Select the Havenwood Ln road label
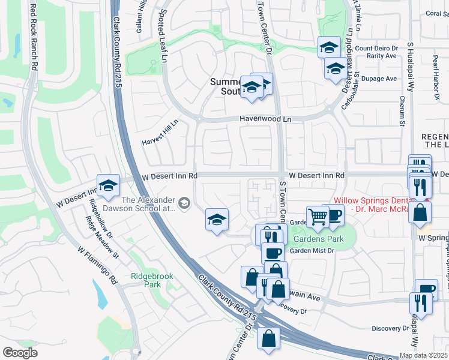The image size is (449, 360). click(265, 119)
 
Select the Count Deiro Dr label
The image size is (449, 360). click(377, 48)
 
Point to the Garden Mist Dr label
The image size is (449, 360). click(312, 251)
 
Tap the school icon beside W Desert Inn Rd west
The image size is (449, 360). click(108, 186)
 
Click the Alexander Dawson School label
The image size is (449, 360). click(148, 204)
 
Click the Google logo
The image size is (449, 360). click(20, 353)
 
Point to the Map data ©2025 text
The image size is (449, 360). click(423, 355)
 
